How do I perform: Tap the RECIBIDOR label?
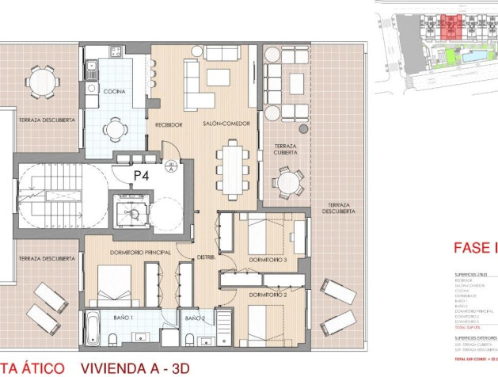(169, 124)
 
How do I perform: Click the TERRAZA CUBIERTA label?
(285, 150)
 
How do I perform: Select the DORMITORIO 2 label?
(267, 295)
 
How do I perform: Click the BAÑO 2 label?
(195, 318)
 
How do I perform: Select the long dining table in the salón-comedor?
(233, 165)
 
